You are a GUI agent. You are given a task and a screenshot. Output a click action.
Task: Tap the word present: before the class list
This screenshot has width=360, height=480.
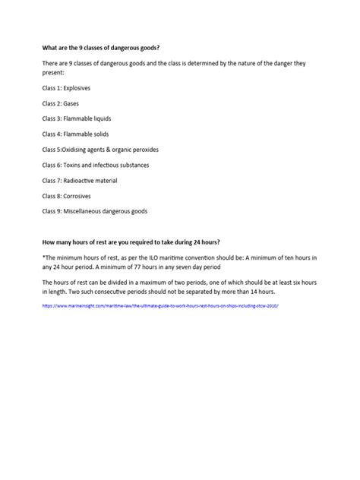54,73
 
